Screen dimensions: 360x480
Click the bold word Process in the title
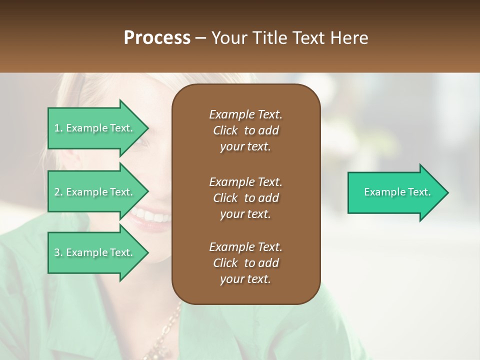pos(157,38)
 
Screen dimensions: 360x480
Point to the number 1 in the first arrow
pos(57,128)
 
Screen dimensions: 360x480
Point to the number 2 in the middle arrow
pos(57,192)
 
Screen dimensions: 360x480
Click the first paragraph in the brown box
pos(245,130)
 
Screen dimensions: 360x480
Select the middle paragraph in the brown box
pos(245,198)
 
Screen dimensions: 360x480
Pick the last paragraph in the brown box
pos(245,263)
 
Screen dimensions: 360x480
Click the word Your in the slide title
pos(227,38)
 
